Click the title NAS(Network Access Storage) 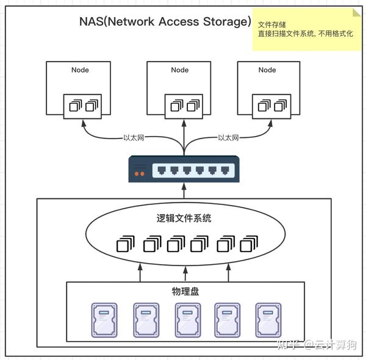pos(165,22)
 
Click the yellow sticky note pos(305,29)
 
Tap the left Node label pos(80,70)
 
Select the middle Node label pos(180,70)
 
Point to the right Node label pos(267,70)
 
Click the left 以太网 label pos(134,138)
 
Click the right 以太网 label pos(228,138)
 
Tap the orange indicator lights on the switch pos(140,174)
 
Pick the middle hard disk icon pos(187,320)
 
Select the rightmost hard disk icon pos(267,320)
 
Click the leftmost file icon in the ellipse pos(124,245)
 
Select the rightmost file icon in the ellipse pos(248,245)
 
